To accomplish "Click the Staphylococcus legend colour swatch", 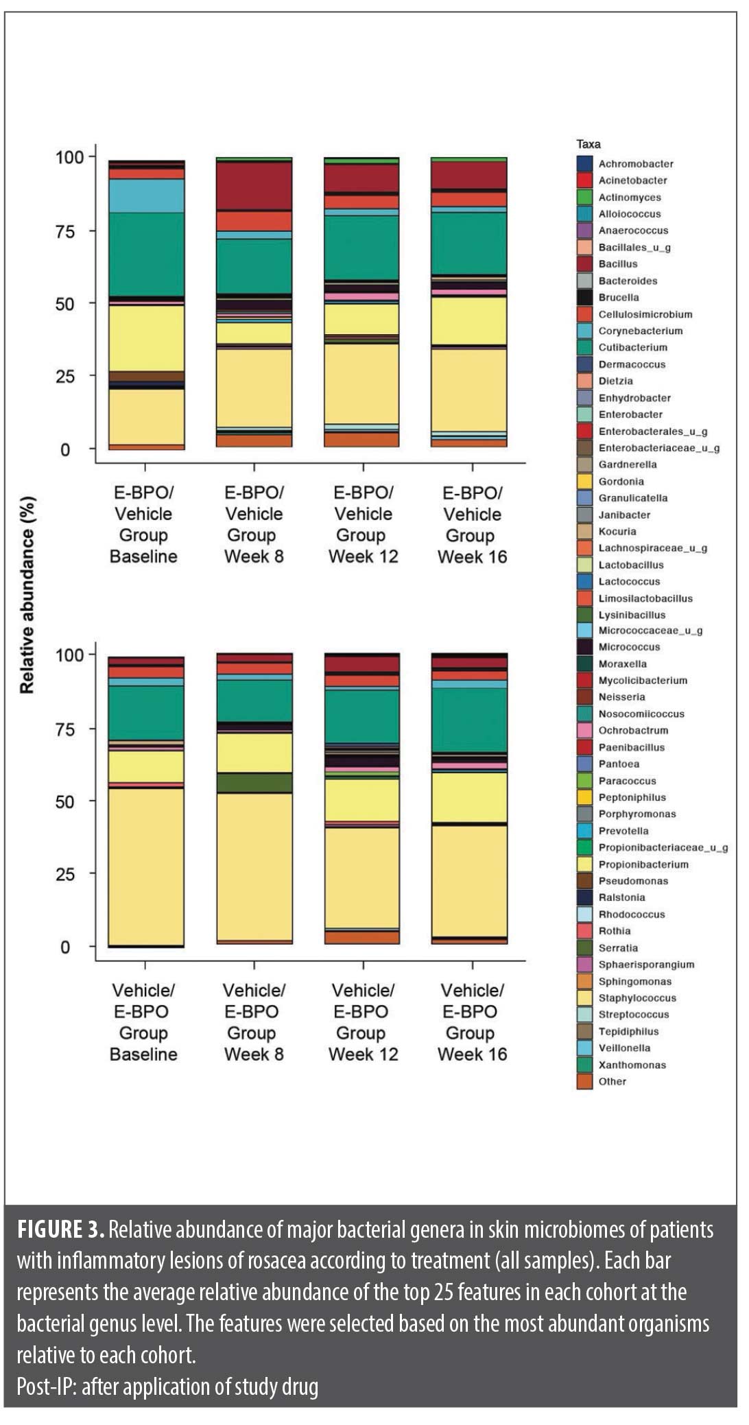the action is [x=584, y=998].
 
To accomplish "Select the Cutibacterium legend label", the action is [x=632, y=348].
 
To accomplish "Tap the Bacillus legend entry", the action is [x=618, y=264].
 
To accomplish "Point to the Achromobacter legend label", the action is [x=636, y=164].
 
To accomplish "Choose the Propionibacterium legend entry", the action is [x=643, y=864].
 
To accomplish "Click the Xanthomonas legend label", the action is [x=632, y=1065].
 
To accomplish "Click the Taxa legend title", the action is [x=588, y=144].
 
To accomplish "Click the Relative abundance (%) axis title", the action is [x=27, y=595].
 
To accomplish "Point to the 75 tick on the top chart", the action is [x=65, y=231].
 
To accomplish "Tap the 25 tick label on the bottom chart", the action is [x=65, y=874].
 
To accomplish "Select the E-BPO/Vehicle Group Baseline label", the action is [x=143, y=524].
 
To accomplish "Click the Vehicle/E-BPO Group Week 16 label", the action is [x=472, y=1022].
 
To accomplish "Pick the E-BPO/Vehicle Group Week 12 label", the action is [x=363, y=524].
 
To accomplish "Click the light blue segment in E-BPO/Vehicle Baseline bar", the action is [x=146, y=196].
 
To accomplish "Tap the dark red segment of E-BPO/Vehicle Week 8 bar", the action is [x=254, y=185].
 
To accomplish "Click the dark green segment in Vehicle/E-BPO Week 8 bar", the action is [x=254, y=783].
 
